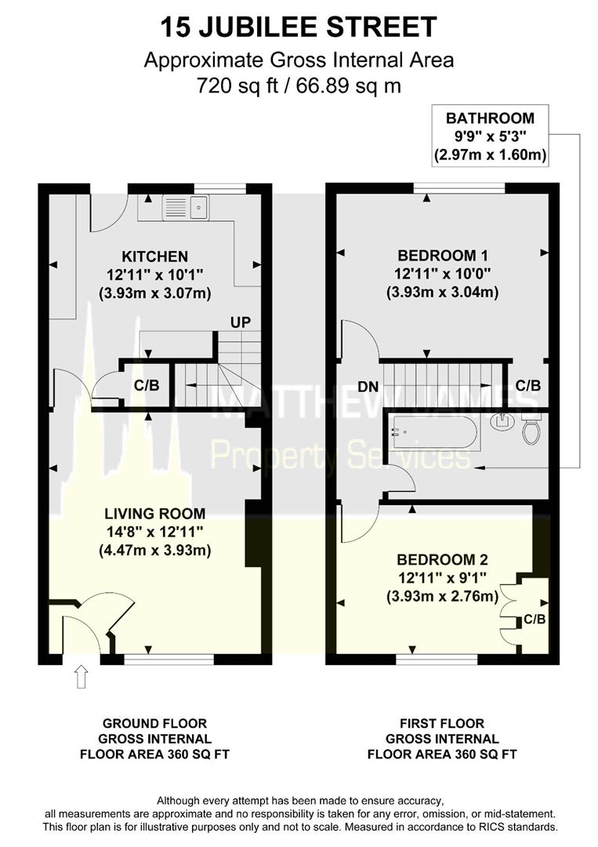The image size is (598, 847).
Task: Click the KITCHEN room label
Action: point(155,256)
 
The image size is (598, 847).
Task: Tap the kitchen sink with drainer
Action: point(185,207)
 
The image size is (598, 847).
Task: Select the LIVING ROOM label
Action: point(155,513)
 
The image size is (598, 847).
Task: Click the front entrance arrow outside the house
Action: point(81,676)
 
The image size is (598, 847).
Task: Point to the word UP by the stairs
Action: point(240,322)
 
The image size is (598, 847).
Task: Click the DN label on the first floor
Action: point(368,387)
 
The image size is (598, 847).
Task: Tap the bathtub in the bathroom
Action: point(434,431)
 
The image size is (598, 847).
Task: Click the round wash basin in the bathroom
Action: point(502,421)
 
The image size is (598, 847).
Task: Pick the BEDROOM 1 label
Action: point(443,255)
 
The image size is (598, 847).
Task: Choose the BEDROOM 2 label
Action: point(443,559)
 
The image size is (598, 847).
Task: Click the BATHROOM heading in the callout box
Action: point(490,118)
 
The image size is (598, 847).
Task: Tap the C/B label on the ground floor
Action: point(147,386)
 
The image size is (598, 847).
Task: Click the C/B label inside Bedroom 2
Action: point(535,620)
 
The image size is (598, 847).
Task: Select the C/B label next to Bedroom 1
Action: point(527,386)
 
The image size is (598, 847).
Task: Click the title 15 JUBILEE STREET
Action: point(299,27)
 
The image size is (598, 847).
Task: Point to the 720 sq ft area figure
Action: point(237,85)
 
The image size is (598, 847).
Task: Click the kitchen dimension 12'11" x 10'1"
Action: point(155,274)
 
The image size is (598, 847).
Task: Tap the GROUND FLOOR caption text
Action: point(155,723)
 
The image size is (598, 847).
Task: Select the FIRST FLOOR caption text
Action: point(442,723)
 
